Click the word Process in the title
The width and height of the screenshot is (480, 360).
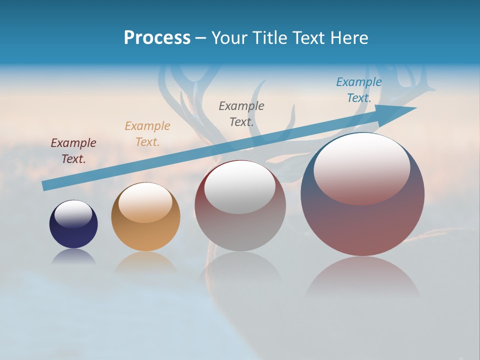157,38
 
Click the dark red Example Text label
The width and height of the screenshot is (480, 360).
73,151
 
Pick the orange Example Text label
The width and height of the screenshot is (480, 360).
147,134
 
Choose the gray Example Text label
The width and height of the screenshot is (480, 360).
241,113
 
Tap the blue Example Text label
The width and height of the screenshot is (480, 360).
359,90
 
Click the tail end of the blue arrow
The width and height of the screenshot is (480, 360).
46,185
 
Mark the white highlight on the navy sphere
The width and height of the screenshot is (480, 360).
73,213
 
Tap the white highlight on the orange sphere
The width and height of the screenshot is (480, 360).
145,201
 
